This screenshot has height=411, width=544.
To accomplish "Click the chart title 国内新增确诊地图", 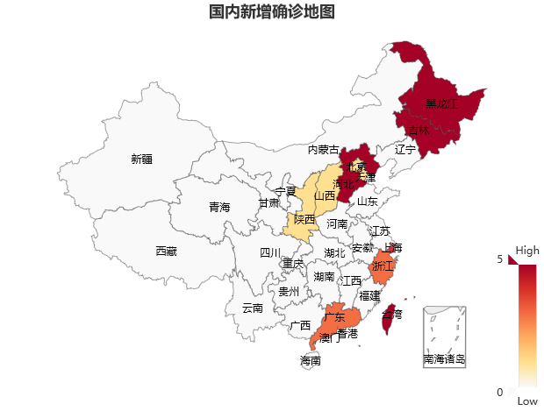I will pyautogui.click(x=271, y=12).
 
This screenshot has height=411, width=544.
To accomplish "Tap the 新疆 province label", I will pyautogui.click(x=141, y=159).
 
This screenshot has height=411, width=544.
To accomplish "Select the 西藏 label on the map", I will pyautogui.click(x=166, y=252).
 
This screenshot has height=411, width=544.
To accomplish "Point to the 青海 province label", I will pyautogui.click(x=218, y=208).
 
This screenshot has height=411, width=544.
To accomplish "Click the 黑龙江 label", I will pyautogui.click(x=441, y=104).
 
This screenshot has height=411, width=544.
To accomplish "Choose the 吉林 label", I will pyautogui.click(x=419, y=131).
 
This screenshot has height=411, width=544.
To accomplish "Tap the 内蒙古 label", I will pyautogui.click(x=323, y=150).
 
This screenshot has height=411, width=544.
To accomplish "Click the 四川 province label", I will pyautogui.click(x=270, y=253).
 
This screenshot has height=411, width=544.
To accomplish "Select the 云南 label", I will pyautogui.click(x=252, y=308).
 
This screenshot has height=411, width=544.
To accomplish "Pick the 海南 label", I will pyautogui.click(x=310, y=360).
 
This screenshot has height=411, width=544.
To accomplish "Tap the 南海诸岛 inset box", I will pyautogui.click(x=444, y=337).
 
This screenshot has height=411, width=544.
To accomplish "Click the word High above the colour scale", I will pyautogui.click(x=527, y=251).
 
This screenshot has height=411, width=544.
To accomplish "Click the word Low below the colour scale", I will pyautogui.click(x=527, y=400).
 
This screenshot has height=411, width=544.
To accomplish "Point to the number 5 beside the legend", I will pyautogui.click(x=500, y=259).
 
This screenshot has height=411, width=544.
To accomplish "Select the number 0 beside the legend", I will pyautogui.click(x=500, y=392).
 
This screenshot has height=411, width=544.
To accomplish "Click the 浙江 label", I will pyautogui.click(x=383, y=266).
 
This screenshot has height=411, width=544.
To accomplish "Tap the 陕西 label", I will pyautogui.click(x=304, y=219).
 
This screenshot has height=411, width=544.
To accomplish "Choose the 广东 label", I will pyautogui.click(x=334, y=317).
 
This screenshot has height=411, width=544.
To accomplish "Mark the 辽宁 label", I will pyautogui.click(x=405, y=150).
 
